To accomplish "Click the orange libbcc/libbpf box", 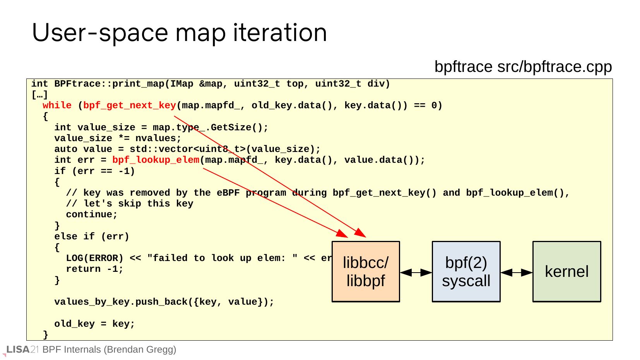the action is point(366,271).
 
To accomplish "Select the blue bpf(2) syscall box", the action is point(466,271).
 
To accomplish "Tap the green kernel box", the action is point(567,271).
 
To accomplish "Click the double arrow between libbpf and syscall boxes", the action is point(416,273).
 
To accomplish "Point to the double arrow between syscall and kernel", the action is point(517,273).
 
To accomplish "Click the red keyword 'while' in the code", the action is point(57,105).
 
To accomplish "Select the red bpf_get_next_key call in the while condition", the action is point(129,106).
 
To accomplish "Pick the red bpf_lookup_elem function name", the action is point(156,160).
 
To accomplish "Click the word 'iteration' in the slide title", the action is point(280,32).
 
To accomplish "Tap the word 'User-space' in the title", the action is point(100,33).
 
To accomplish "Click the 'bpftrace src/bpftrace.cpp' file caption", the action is point(523,67).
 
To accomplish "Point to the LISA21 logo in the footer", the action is point(22,350).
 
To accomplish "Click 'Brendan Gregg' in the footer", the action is point(140,350).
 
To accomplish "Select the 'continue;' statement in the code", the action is point(92,214).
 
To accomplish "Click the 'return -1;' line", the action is point(94,269).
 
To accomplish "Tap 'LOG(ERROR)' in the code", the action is point(94,258).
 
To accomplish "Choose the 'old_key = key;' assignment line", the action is point(94,324).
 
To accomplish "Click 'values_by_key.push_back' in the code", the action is point(121,302).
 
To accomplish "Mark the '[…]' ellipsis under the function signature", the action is point(39,95).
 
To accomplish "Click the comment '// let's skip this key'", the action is point(130,203).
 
